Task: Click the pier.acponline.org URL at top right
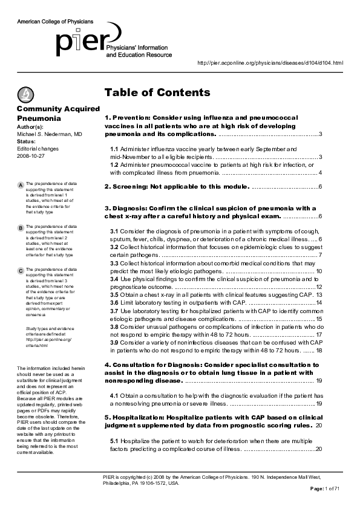(x=270, y=63)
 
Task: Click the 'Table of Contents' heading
(x=157, y=92)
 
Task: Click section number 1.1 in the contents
(x=114, y=149)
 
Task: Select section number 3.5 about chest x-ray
(x=114, y=294)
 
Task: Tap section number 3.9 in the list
(x=114, y=342)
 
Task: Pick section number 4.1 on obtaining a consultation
(x=114, y=395)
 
